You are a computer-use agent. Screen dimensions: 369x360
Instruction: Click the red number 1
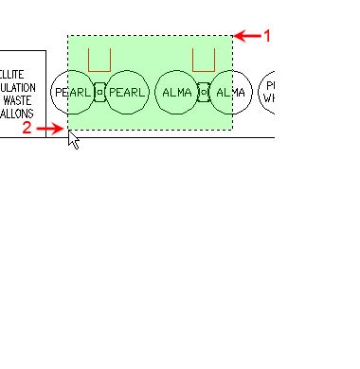click(267, 36)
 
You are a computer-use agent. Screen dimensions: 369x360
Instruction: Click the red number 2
click(27, 129)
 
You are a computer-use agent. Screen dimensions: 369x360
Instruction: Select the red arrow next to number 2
click(50, 128)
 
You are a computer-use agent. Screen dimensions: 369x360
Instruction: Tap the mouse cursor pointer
click(73, 139)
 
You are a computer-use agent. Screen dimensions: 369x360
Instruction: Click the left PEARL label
click(73, 93)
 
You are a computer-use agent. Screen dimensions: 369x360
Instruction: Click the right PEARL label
click(127, 93)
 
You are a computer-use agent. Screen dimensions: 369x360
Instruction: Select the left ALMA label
click(177, 93)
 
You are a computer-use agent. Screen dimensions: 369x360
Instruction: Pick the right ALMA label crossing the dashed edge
click(230, 93)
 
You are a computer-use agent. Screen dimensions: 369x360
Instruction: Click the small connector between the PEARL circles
click(99, 93)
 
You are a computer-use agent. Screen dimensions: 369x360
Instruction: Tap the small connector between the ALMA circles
click(204, 93)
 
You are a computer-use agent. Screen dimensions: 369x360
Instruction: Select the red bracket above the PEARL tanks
click(99, 61)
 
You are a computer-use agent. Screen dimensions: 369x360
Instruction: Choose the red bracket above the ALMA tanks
click(204, 61)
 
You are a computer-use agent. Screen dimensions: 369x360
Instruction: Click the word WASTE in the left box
click(19, 98)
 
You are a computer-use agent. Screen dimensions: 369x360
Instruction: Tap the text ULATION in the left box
click(18, 85)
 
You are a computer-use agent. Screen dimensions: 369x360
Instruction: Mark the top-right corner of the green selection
click(232, 36)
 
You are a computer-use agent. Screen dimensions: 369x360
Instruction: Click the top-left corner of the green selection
click(67, 36)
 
